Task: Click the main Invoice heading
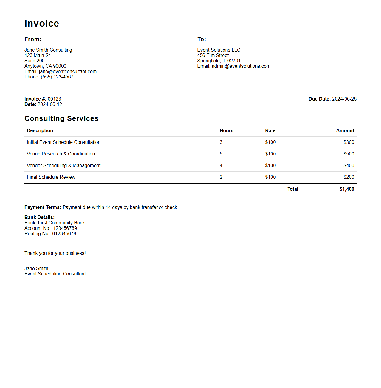[x=42, y=23]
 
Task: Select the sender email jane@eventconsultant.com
[x=68, y=72]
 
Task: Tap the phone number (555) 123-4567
[x=57, y=77]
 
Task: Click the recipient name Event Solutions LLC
[x=219, y=50]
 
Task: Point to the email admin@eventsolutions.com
[x=241, y=66]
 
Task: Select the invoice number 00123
[x=54, y=99]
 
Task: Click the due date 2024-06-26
[x=344, y=99]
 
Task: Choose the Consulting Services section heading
[x=61, y=118]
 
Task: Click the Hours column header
[x=226, y=131]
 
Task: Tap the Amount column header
[x=345, y=131]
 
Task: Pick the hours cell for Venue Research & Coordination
[x=221, y=154]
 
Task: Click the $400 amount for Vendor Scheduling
[x=349, y=166]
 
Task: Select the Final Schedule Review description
[x=51, y=177]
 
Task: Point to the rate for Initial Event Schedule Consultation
[x=270, y=142]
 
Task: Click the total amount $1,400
[x=347, y=189]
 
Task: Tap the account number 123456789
[x=65, y=228]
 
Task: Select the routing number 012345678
[x=64, y=234]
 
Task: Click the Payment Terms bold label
[x=43, y=207]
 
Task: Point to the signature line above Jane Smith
[x=57, y=266]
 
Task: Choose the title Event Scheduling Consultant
[x=55, y=274]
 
